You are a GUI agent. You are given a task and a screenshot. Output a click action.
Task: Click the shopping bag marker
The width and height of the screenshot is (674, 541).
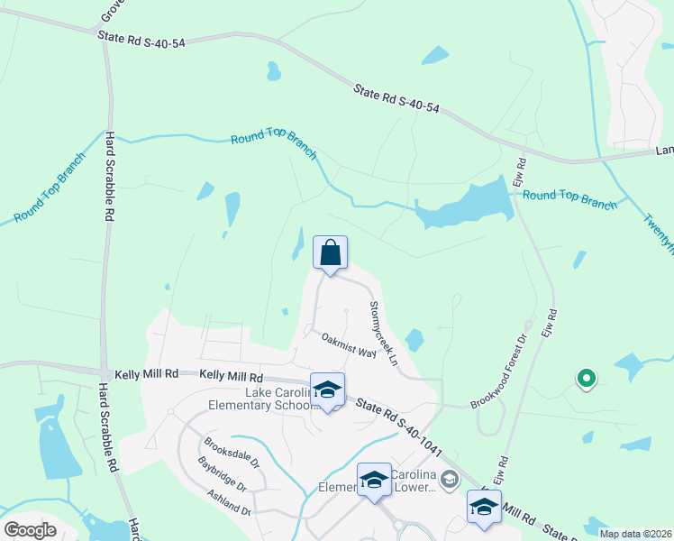330,253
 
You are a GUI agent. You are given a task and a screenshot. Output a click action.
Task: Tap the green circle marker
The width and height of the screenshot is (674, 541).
586,379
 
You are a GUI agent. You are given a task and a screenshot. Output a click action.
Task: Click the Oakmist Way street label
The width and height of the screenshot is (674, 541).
349,344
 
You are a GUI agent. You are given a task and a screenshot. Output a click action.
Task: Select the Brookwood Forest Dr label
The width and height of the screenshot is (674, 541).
510,362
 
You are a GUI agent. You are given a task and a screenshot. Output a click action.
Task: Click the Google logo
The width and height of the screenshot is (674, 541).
31,530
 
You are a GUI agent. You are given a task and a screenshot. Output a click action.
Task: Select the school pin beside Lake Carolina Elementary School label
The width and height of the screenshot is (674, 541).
328,390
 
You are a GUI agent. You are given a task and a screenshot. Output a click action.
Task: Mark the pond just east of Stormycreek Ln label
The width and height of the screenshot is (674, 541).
414,340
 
